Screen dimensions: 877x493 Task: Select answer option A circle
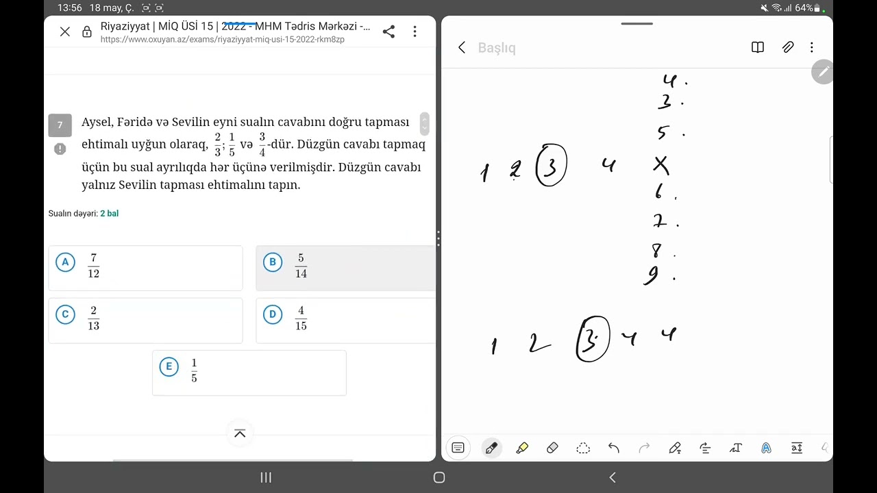click(x=65, y=262)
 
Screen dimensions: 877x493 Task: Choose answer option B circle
click(x=273, y=262)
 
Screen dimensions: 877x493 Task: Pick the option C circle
click(x=65, y=314)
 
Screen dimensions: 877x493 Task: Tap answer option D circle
click(x=273, y=314)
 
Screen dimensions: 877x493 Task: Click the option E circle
click(x=169, y=366)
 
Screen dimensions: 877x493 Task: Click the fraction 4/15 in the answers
click(x=301, y=318)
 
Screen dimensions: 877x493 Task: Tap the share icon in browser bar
click(x=388, y=31)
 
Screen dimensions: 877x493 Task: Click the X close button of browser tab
click(x=65, y=31)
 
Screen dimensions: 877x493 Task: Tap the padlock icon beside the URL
click(x=87, y=31)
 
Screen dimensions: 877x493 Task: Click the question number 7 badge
click(x=60, y=125)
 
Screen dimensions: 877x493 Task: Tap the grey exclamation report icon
click(x=60, y=149)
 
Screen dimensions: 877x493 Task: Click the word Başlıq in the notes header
click(x=497, y=48)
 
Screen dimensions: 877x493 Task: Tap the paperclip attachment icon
click(x=788, y=47)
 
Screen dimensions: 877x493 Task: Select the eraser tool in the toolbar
click(x=552, y=448)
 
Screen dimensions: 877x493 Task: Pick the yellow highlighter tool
click(x=522, y=448)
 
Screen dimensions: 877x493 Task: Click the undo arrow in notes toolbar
click(x=613, y=448)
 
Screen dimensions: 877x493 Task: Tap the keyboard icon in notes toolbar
click(x=458, y=448)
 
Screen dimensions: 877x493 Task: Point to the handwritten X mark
click(x=661, y=165)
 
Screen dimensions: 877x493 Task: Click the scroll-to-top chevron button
click(x=240, y=433)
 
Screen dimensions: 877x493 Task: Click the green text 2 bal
click(x=109, y=214)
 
